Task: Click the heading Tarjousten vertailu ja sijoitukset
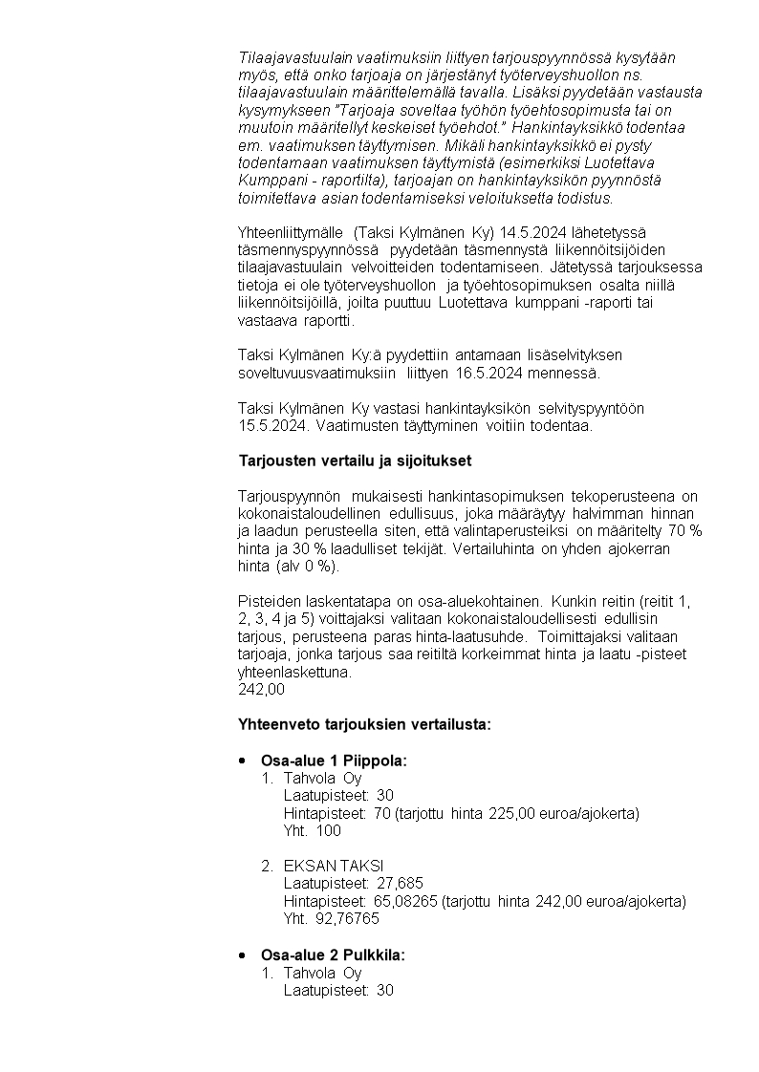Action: tap(355, 461)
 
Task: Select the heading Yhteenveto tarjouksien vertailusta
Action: tap(364, 724)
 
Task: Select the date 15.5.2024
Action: tap(271, 426)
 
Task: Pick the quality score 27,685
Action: tap(401, 883)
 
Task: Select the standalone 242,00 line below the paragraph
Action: tap(261, 689)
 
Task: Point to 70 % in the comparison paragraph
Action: tap(683, 530)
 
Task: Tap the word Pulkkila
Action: tap(374, 954)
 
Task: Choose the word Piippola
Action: tap(375, 761)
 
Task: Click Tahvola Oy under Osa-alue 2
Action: tap(322, 973)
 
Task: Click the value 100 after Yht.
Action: tap(328, 830)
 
